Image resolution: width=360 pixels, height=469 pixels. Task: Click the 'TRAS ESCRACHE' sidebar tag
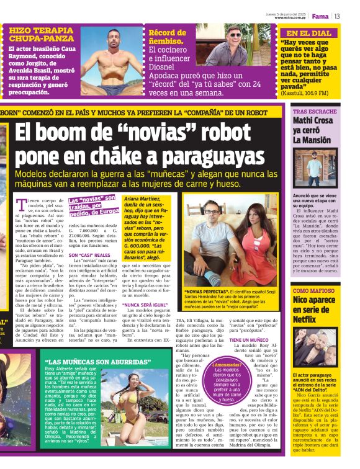pyautogui.click(x=315, y=111)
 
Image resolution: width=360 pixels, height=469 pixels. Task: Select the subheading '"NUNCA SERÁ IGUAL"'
pyautogui.click(x=146, y=305)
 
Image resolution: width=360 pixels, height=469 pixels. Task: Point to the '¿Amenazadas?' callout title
pyautogui.click(x=226, y=365)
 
